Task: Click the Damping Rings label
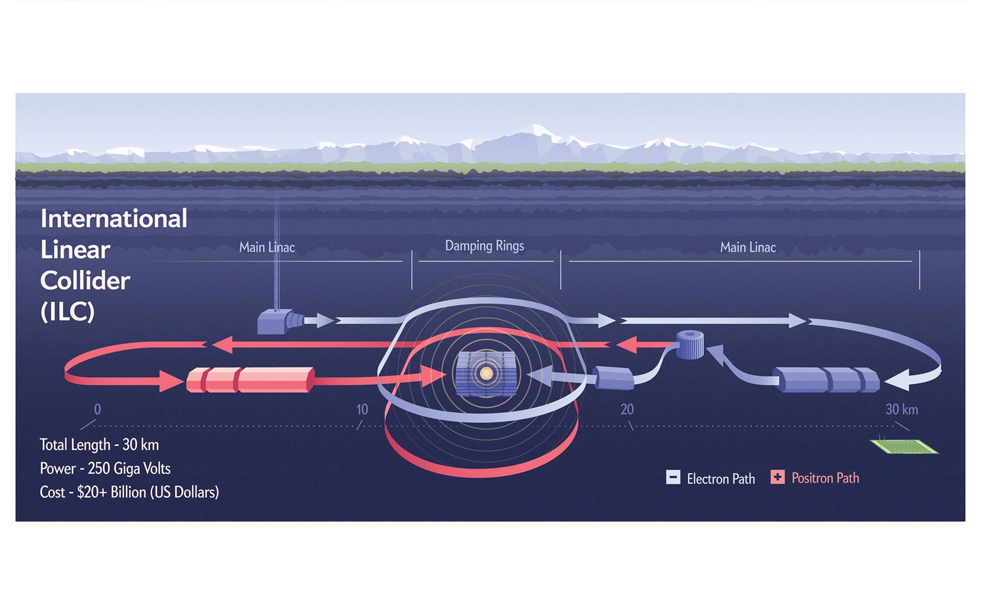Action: coord(484,246)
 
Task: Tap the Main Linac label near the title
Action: coord(266,247)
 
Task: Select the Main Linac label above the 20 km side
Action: coord(748,247)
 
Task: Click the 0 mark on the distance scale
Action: coord(97,409)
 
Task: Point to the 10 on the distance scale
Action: coord(362,409)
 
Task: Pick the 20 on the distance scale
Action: coord(627,409)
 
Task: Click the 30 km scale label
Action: coord(901,409)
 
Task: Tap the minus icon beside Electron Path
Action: coord(673,477)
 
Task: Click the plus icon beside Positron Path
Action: coord(777,477)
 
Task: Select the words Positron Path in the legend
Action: coord(825,478)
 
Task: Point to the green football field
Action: coord(904,446)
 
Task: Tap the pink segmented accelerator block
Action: coord(250,380)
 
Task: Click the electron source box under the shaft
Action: coord(276,322)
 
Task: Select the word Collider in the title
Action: coord(85,280)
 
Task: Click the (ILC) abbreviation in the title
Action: coord(67,311)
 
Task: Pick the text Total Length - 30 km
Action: coord(99,445)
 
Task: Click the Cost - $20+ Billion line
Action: coord(129,492)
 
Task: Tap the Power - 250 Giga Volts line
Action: coord(105,469)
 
